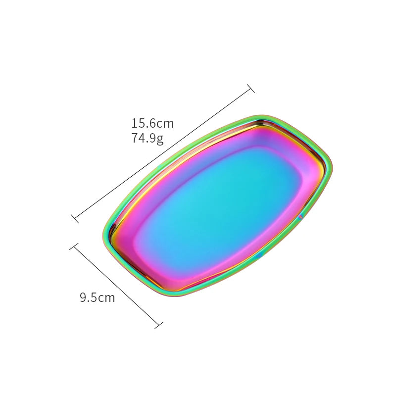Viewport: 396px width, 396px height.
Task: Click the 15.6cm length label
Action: (152, 123)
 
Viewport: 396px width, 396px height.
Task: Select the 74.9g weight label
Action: (147, 139)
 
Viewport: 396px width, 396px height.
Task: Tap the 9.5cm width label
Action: (97, 297)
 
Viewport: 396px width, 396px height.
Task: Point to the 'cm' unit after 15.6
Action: (165, 123)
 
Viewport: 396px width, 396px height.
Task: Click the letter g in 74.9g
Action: (160, 140)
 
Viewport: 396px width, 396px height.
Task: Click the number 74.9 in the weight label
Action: (143, 139)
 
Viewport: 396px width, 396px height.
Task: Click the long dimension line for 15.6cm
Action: (163, 152)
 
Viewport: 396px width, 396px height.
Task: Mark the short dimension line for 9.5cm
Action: (117, 285)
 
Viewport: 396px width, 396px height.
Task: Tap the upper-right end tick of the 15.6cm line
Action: (250, 89)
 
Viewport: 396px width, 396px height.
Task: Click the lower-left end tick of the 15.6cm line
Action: (75, 217)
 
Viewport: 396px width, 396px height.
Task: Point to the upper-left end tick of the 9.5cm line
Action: (75, 246)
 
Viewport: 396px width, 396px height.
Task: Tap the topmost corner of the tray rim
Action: (262, 116)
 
